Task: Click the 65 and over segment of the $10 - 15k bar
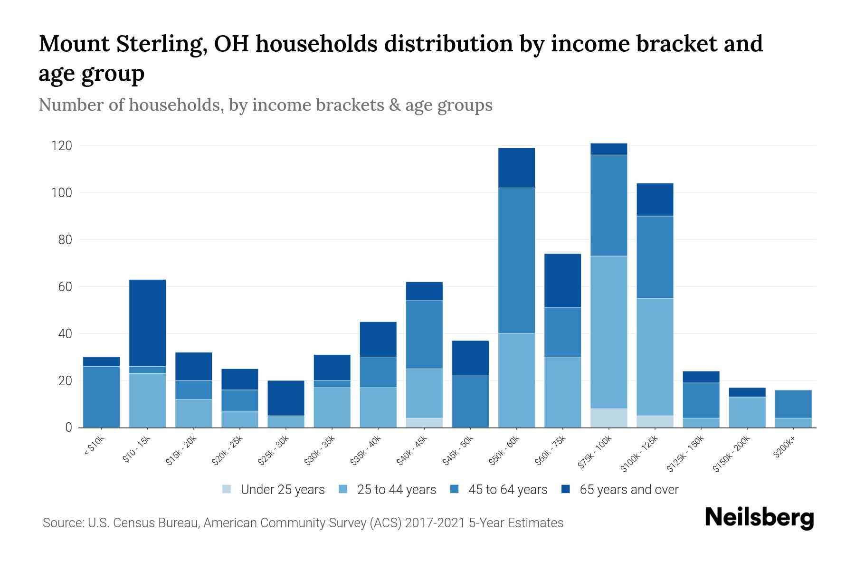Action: click(x=147, y=323)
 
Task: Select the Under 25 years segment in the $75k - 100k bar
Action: click(x=608, y=418)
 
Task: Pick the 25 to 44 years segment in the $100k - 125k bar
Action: click(x=655, y=357)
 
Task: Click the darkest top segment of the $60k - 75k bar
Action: click(x=562, y=281)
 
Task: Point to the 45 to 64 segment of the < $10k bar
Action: click(x=101, y=397)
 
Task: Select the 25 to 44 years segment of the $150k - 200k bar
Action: click(x=747, y=412)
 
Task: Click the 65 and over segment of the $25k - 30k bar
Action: click(x=285, y=398)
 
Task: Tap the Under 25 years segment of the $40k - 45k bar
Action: click(x=424, y=423)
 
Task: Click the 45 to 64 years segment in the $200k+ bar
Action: click(x=793, y=404)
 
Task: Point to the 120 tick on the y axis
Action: click(x=62, y=146)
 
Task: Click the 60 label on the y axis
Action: click(x=66, y=287)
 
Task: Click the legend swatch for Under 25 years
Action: click(x=227, y=489)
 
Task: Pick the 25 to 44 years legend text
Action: click(x=396, y=490)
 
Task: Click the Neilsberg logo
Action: click(x=759, y=518)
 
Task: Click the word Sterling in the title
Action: click(x=161, y=44)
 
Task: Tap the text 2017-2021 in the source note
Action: click(x=435, y=523)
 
